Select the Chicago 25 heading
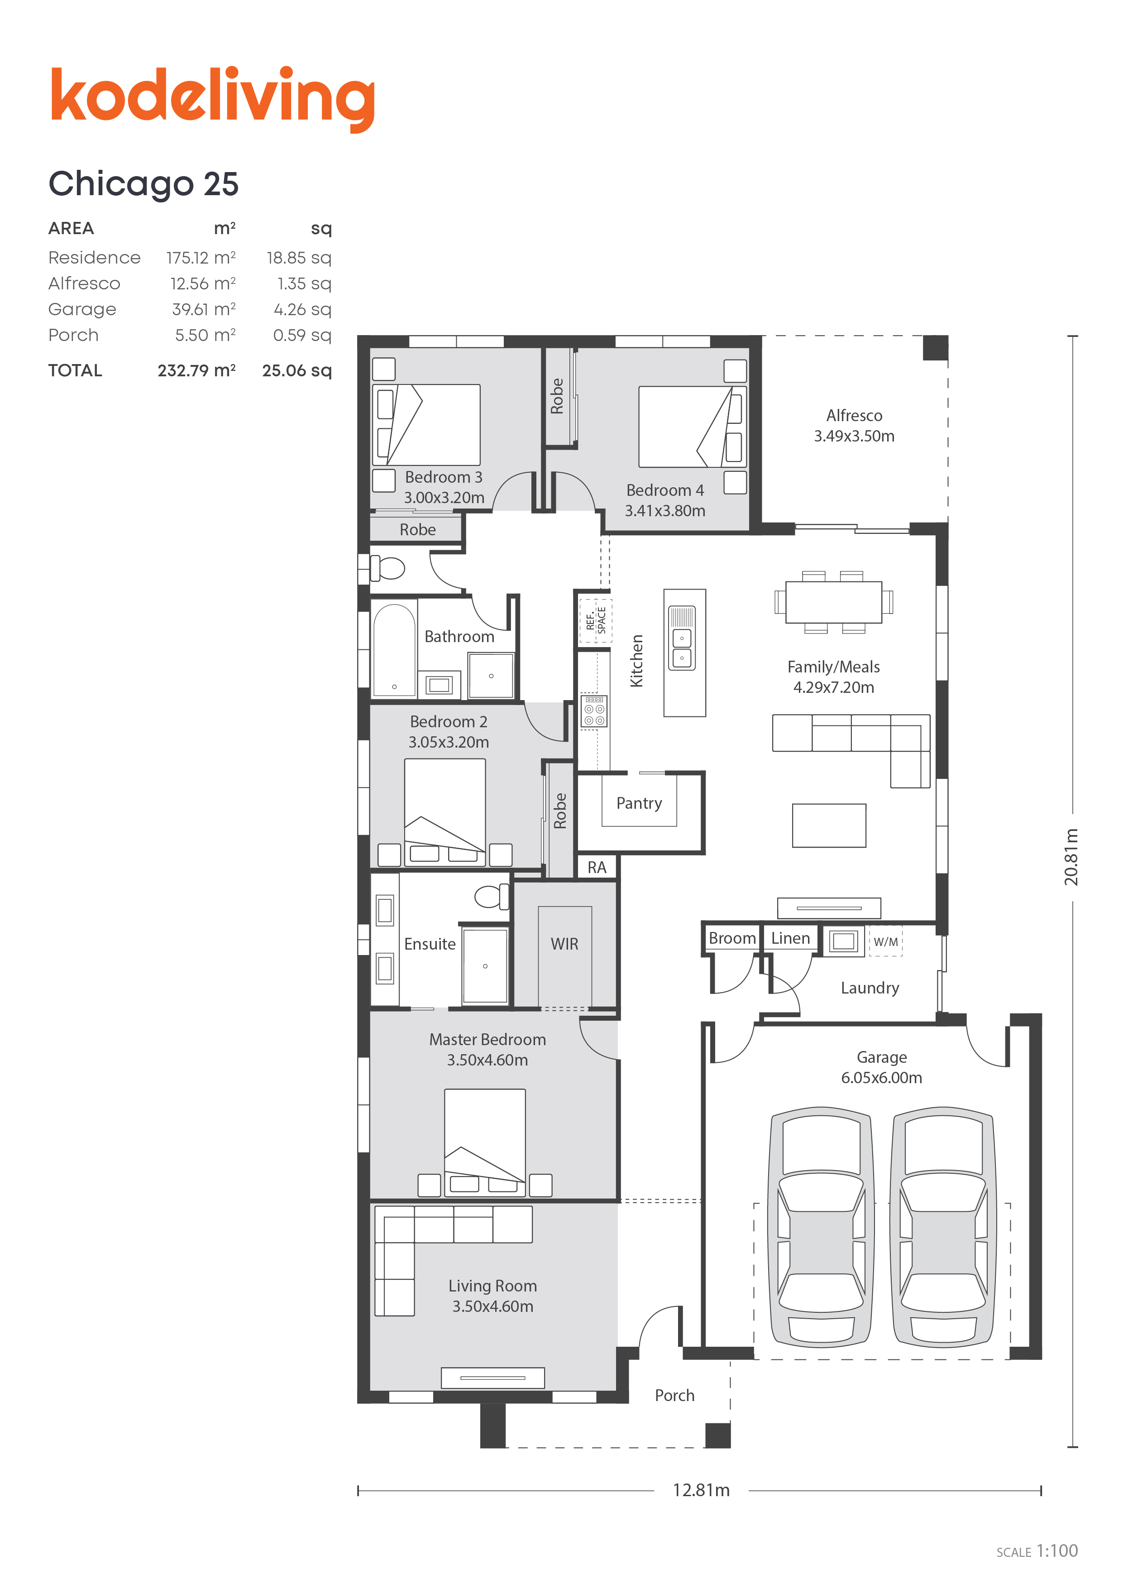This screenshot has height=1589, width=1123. coord(143,185)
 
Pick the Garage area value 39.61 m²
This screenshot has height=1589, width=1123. coord(203,309)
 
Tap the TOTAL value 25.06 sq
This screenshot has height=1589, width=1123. coord(297,370)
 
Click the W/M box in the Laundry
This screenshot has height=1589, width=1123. coord(886,941)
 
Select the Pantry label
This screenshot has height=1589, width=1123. coord(639,803)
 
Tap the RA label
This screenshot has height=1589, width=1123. coord(597,867)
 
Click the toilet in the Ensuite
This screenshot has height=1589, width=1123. coord(491,896)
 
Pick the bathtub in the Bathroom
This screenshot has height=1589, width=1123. coord(394,649)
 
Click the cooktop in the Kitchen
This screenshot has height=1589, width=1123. coord(594,711)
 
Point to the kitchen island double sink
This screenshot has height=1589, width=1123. coord(682,638)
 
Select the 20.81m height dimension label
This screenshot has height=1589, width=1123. coord(1071,856)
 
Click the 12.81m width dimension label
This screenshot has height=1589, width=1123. coord(701,1489)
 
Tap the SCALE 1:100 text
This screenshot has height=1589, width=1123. coord(1037,1551)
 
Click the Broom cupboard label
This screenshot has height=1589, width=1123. coord(732,938)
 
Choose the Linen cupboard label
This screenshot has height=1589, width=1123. coord(790,938)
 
